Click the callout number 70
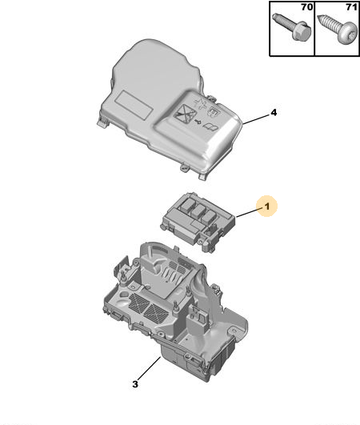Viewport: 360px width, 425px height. [x=306, y=7]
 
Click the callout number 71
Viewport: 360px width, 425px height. [x=351, y=7]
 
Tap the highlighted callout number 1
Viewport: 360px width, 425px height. [x=267, y=206]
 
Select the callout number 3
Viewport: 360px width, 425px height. [x=135, y=384]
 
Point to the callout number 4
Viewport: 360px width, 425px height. [x=274, y=112]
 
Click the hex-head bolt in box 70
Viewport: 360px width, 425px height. [x=292, y=26]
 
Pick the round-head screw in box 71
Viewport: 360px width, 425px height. [x=338, y=30]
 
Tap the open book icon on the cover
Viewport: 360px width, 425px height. [x=210, y=126]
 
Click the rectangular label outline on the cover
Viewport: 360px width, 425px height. [x=134, y=104]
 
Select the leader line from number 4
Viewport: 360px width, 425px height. [x=256, y=118]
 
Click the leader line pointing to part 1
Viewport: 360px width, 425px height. [x=250, y=212]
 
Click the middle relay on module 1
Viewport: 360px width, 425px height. [x=198, y=210]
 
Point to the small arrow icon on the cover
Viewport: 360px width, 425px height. [x=198, y=122]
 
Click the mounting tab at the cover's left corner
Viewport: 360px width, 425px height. [x=102, y=122]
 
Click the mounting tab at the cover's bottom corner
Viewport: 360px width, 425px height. [x=203, y=177]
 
